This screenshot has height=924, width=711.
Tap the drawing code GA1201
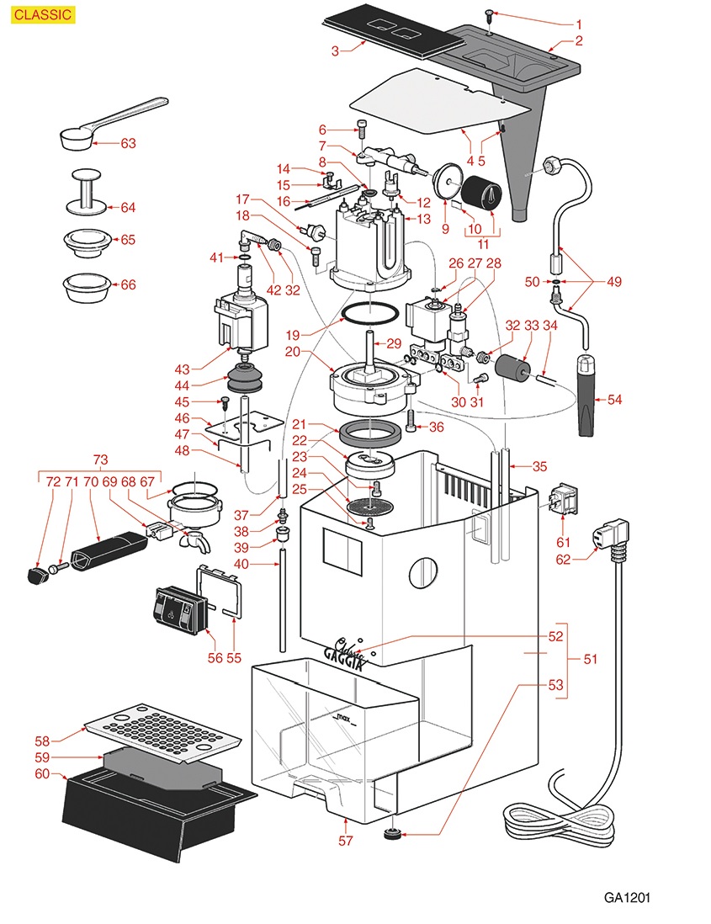tap(627, 897)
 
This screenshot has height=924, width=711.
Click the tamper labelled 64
tap(85, 191)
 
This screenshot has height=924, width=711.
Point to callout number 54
tap(614, 400)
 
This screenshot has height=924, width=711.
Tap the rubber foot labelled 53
tap(390, 835)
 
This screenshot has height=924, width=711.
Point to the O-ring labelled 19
tap(369, 315)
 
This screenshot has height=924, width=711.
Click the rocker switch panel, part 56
tap(179, 609)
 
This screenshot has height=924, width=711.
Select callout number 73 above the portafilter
tap(100, 459)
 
